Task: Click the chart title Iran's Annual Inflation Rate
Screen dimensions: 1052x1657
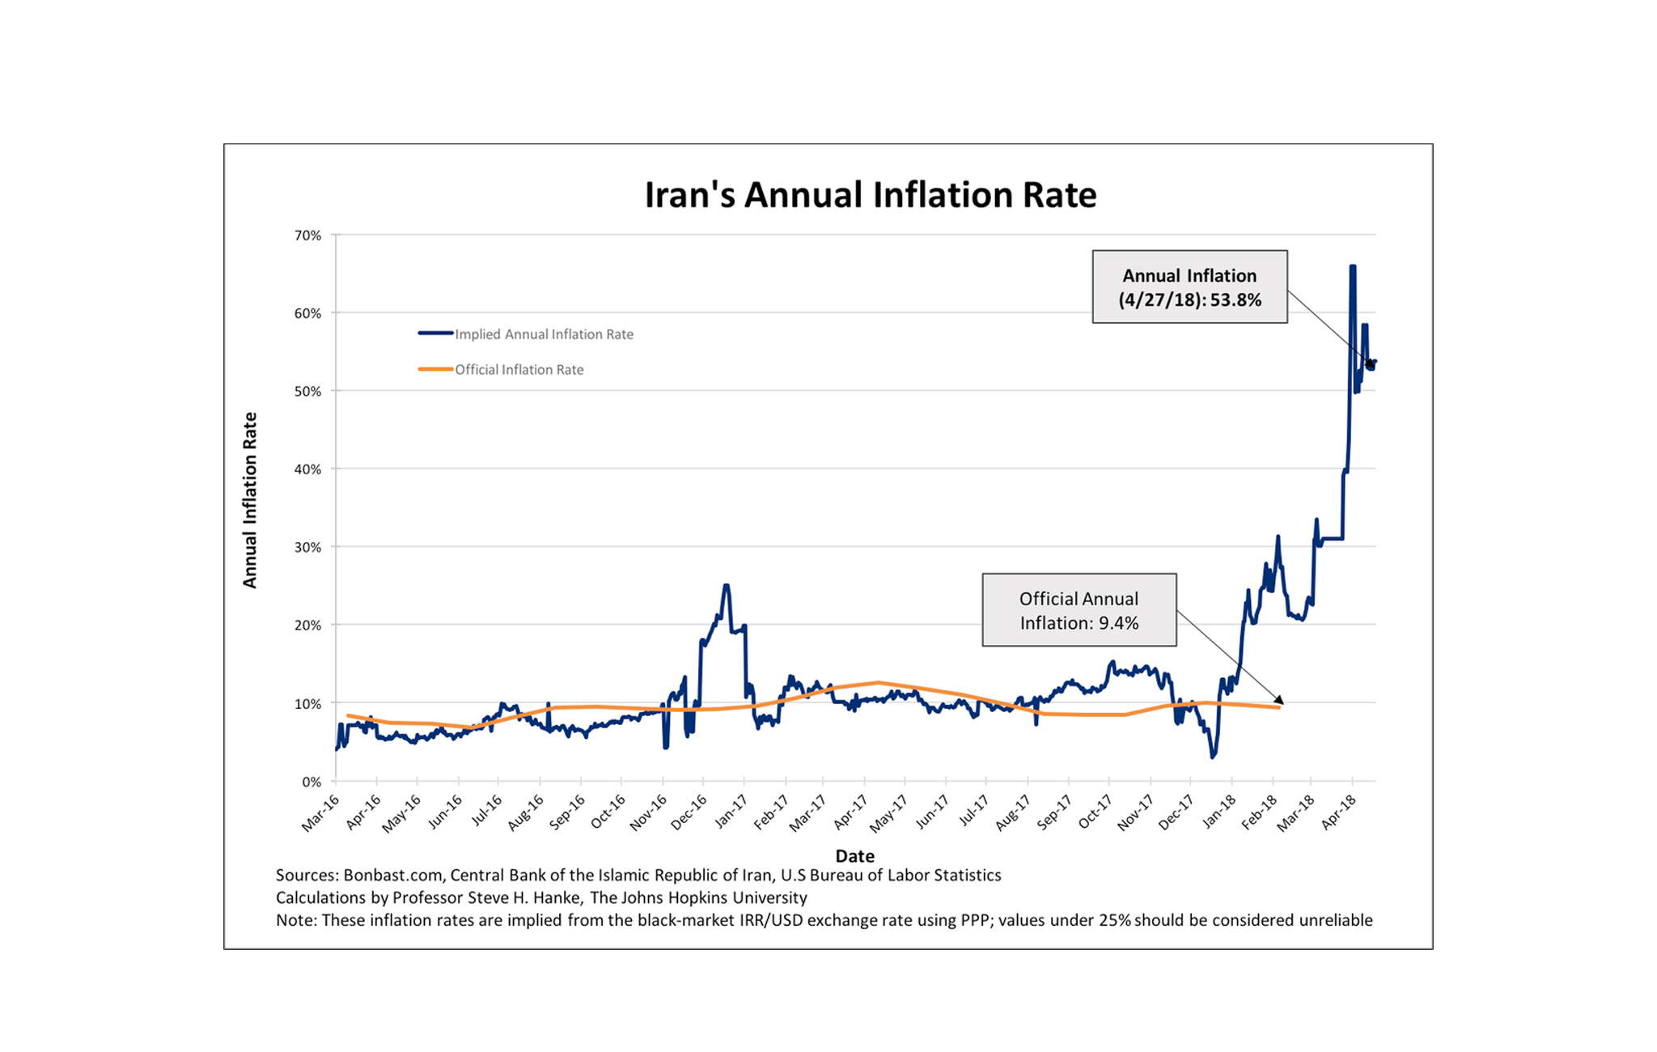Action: click(870, 195)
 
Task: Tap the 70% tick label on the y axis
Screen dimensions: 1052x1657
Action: click(307, 235)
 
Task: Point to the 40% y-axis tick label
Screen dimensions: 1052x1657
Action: click(307, 469)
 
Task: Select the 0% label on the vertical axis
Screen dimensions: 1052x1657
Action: click(311, 782)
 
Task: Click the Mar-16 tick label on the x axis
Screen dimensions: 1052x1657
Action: click(320, 813)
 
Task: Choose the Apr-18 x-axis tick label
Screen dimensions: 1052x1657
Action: click(1339, 812)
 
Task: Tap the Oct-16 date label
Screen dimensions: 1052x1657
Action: click(608, 812)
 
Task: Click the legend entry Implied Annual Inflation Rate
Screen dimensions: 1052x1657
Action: click(543, 334)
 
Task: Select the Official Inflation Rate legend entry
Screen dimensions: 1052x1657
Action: click(519, 370)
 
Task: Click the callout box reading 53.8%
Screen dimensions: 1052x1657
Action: click(1189, 287)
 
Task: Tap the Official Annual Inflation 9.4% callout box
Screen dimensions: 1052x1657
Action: click(1079, 610)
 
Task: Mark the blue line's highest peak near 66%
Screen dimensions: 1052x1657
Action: click(1353, 267)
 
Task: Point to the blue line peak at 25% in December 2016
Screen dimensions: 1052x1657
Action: click(727, 585)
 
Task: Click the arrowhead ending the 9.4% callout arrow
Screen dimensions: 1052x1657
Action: click(1279, 699)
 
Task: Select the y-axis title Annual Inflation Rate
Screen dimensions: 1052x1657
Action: click(250, 500)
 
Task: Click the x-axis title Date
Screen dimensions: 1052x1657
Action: click(854, 855)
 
